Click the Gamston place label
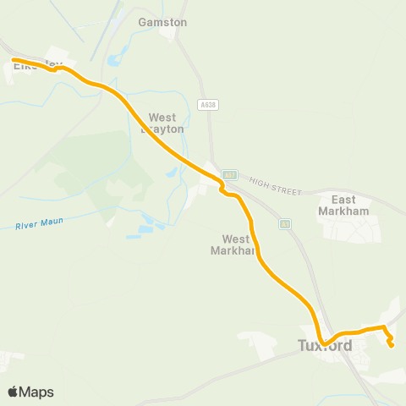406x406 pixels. tap(162, 22)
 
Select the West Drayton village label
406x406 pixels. tap(167, 123)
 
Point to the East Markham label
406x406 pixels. tap(343, 205)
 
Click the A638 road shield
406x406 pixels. tap(206, 105)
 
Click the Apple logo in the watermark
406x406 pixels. tap(13, 392)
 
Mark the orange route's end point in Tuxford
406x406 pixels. tap(391, 344)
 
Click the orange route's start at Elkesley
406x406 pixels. tap(14, 59)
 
